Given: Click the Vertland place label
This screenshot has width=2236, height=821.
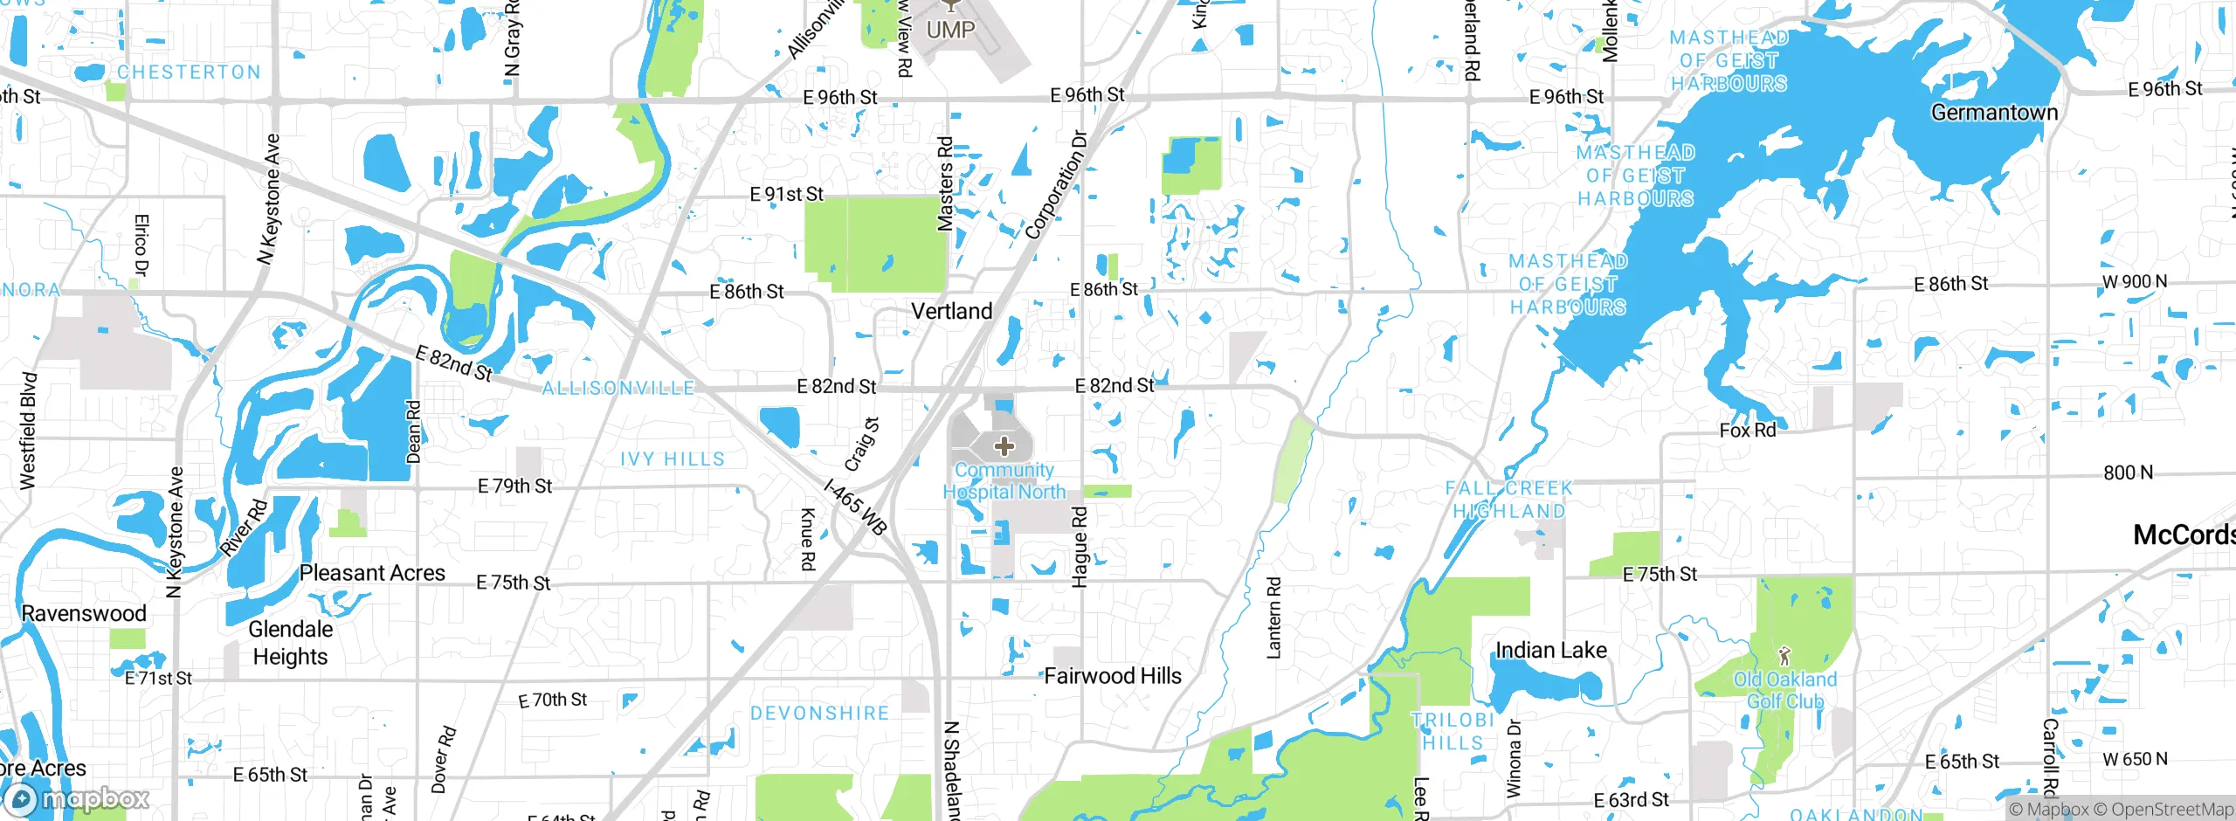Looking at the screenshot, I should click(x=951, y=311).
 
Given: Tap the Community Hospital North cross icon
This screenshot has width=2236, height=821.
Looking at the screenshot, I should click(x=1004, y=446).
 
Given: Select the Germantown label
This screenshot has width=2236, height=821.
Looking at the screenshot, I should click(x=1994, y=113).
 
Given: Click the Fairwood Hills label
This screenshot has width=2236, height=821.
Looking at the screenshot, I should click(x=1113, y=676).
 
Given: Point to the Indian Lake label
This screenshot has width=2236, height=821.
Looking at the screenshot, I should click(x=1551, y=650).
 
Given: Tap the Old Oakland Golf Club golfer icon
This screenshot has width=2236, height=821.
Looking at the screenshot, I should click(x=1784, y=655).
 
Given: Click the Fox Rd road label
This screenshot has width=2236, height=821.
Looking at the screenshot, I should click(x=1747, y=431).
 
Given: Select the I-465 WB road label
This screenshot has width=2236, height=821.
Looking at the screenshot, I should click(x=856, y=507).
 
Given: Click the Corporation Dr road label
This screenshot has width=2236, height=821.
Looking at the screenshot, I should click(x=1056, y=185).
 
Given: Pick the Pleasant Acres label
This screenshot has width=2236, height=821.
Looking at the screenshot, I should click(x=372, y=573).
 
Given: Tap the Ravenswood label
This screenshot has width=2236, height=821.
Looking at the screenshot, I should click(x=84, y=613).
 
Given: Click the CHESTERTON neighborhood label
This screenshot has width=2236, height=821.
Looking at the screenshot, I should click(x=190, y=72).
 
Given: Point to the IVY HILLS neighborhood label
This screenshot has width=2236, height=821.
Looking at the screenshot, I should click(x=673, y=459).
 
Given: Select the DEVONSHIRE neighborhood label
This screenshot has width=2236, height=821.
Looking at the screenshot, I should click(x=819, y=714).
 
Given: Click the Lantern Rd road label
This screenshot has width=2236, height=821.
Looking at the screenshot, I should click(x=1273, y=617).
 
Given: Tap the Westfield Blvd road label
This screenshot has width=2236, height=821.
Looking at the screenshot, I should click(x=28, y=431).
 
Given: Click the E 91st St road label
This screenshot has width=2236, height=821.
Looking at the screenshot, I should click(x=786, y=194).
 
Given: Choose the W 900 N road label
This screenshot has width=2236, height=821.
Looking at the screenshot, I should click(x=2134, y=282).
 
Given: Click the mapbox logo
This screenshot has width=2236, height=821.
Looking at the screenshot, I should click(x=77, y=798).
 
